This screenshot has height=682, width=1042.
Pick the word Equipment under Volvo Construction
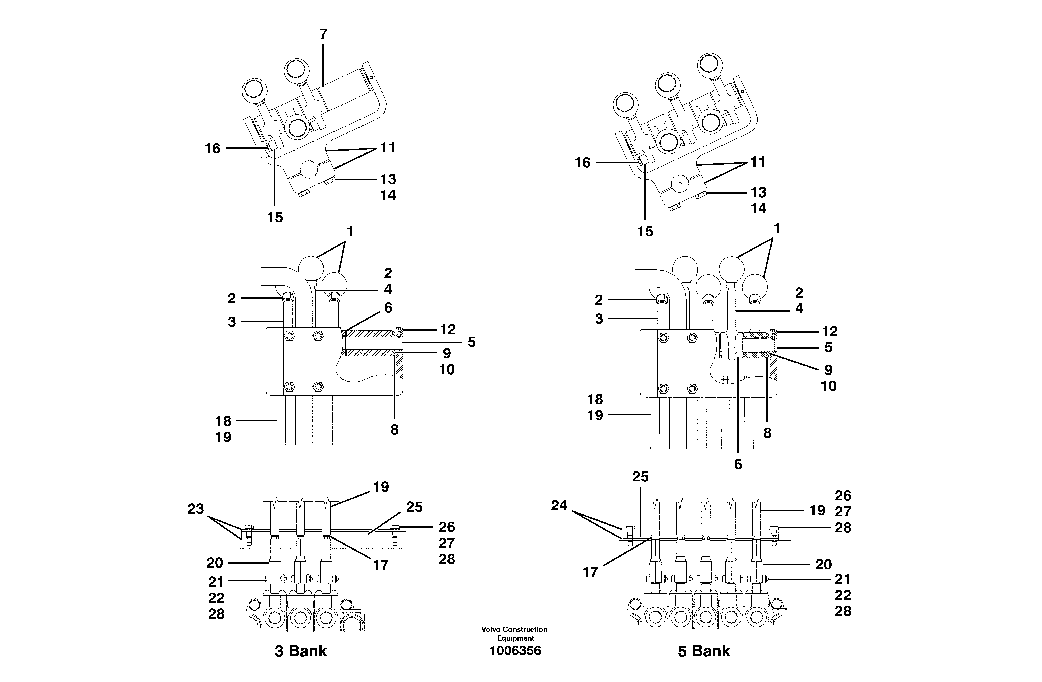point(515,638)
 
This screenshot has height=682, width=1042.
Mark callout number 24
point(559,506)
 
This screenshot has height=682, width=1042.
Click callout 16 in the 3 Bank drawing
point(213,149)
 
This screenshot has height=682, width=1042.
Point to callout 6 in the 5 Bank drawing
point(738,464)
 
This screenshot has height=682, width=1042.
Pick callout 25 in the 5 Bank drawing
point(640,477)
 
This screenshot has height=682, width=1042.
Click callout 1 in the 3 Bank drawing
point(349,232)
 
